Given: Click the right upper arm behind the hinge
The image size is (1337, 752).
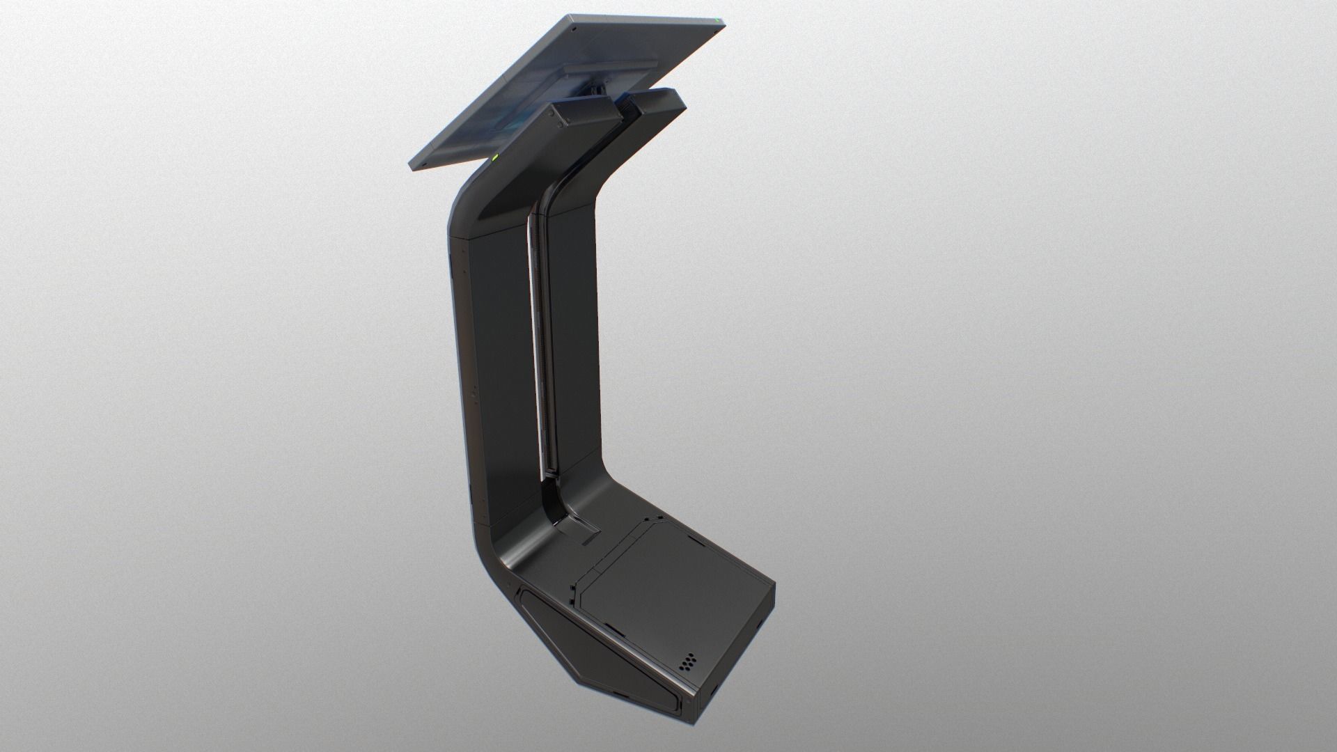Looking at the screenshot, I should click(655, 104).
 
